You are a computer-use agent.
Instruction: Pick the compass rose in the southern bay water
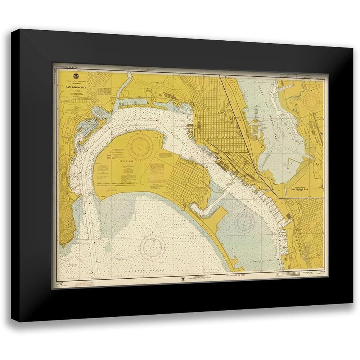pyautogui.click(x=244, y=222)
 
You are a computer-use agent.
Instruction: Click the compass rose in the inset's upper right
pyautogui.click(x=310, y=102)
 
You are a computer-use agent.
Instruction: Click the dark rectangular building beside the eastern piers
pyautogui.click(x=288, y=216)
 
